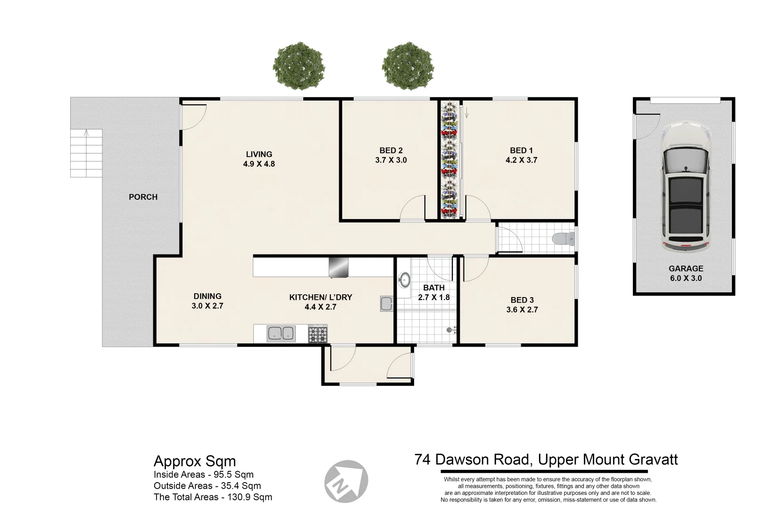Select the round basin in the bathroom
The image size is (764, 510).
pyautogui.click(x=404, y=280)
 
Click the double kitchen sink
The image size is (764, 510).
pyautogui.click(x=281, y=333)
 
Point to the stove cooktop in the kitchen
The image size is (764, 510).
pyautogui.click(x=318, y=334)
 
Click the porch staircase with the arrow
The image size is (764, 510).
pyautogui.click(x=86, y=153)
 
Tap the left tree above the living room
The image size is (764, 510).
pyautogui.click(x=298, y=67)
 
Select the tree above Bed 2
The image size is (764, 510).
pyautogui.click(x=407, y=67)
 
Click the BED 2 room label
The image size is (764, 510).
pyautogui.click(x=390, y=151)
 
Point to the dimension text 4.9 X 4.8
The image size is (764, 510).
pyautogui.click(x=259, y=164)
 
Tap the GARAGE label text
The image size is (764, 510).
pyautogui.click(x=686, y=269)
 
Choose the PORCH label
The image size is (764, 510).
pyautogui.click(x=143, y=197)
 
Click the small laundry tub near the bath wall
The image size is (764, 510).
pyautogui.click(x=386, y=304)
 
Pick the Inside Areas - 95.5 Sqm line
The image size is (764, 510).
pyautogui.click(x=203, y=475)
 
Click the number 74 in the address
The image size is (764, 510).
pyautogui.click(x=423, y=459)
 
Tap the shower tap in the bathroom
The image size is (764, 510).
pyautogui.click(x=451, y=330)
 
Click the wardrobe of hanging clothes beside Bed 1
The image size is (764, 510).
pyautogui.click(x=449, y=160)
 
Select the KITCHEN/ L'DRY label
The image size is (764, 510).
pyautogui.click(x=320, y=297)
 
